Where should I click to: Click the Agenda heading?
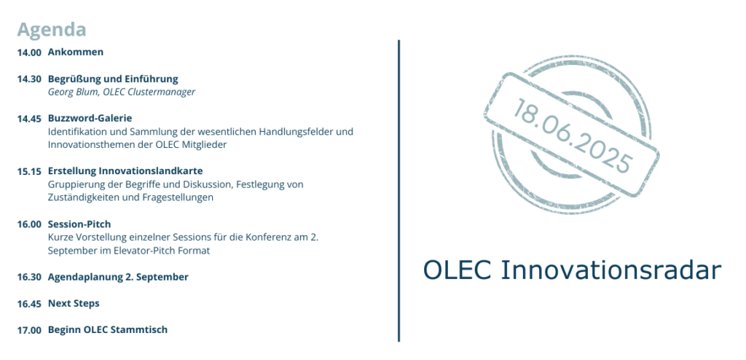coord(52,30)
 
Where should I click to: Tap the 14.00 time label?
coord(29,53)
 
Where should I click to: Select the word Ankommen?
coord(76,52)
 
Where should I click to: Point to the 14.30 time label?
coord(29,79)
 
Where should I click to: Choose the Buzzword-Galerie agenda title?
coord(90,118)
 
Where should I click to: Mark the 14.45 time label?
coord(29,119)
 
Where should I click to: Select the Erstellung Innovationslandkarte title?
coord(125,171)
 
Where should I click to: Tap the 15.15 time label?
coord(29,172)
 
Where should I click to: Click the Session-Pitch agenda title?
coord(79,224)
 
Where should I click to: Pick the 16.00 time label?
coord(29,224)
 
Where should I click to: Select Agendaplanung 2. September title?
coord(118,277)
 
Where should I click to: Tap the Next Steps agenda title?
coord(74,304)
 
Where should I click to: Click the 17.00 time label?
coord(29,330)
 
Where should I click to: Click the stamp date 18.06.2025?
coord(572,136)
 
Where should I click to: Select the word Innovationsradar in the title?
coord(611,270)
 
